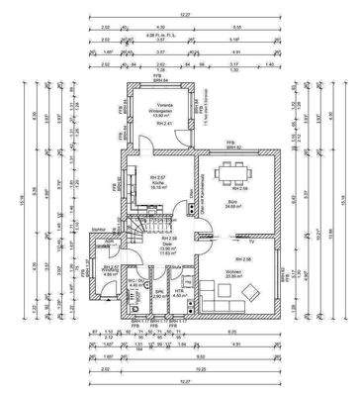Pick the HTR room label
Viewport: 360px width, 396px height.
pos(180,292)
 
